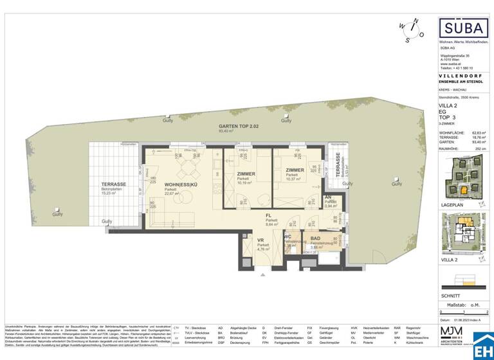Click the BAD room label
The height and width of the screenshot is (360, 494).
click(315, 239)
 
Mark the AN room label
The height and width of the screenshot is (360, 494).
click(328, 197)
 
